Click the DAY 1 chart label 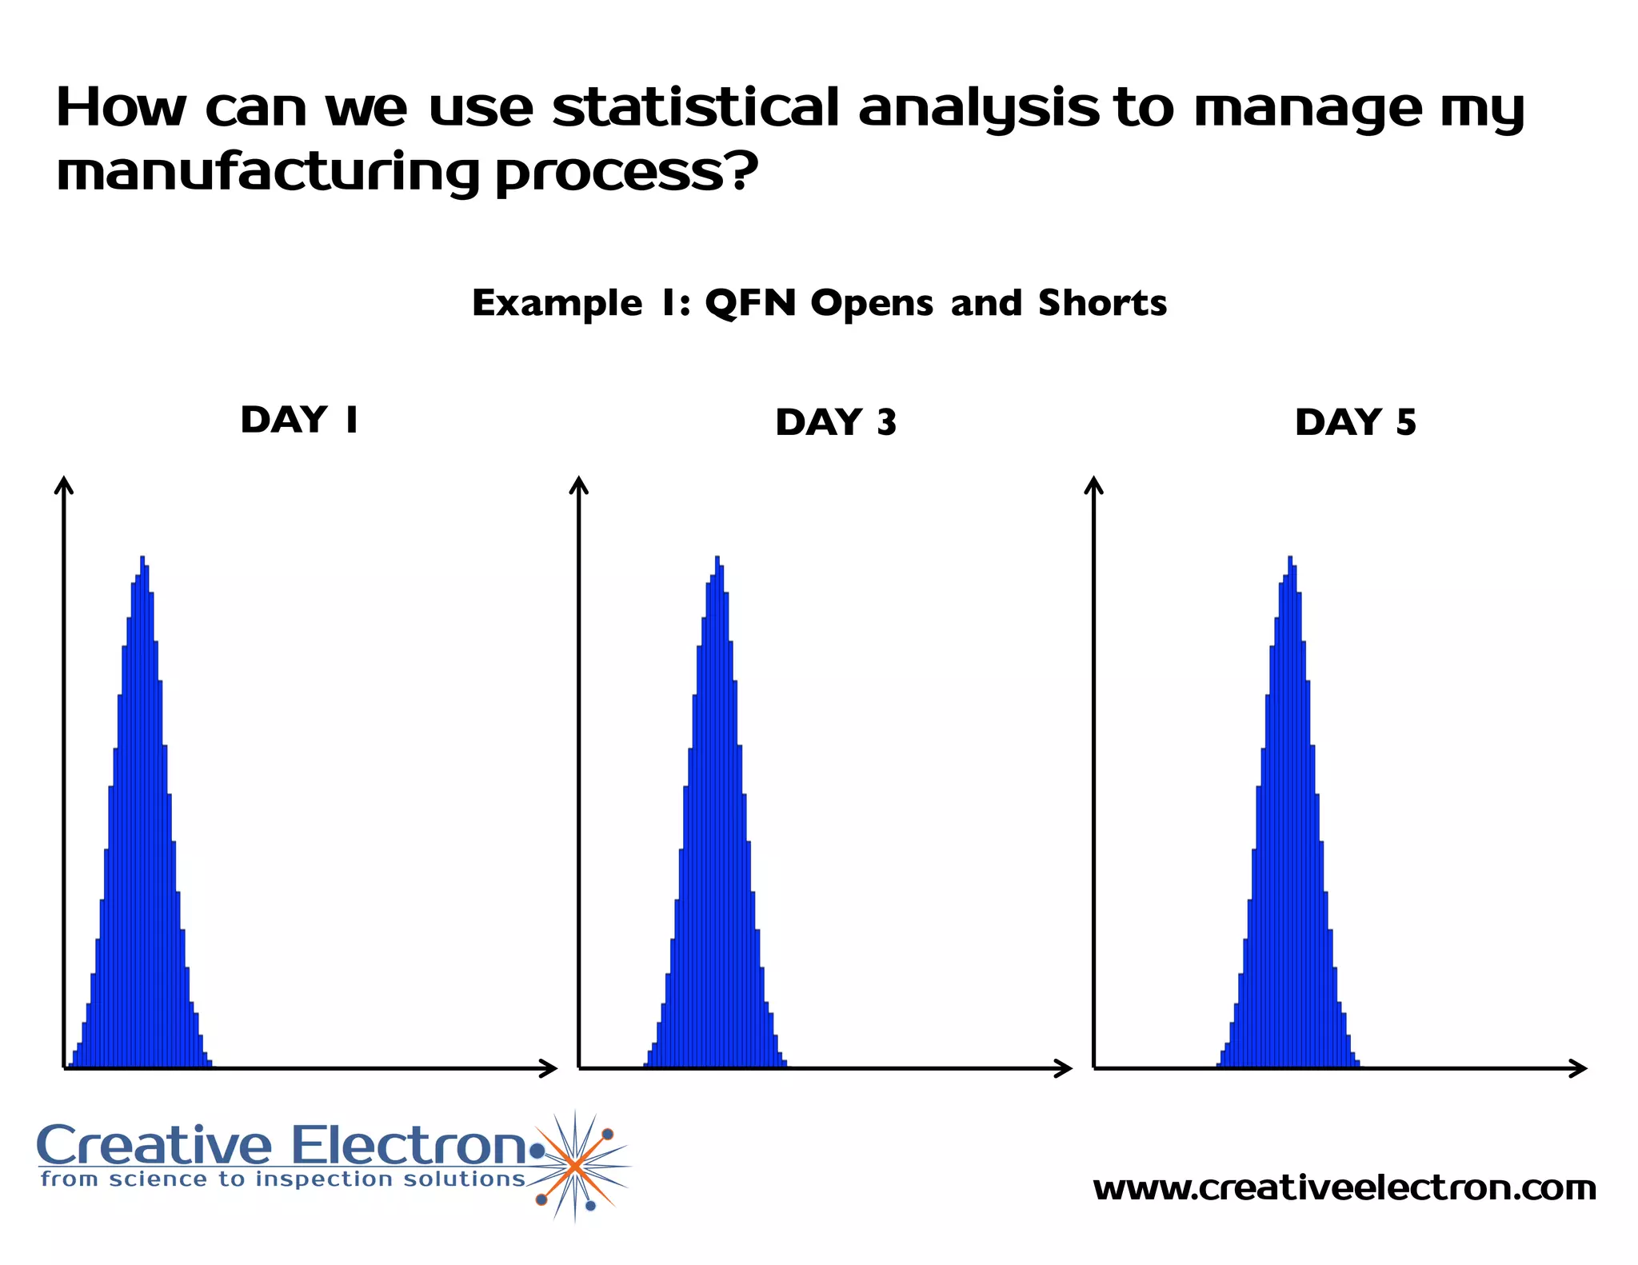(299, 420)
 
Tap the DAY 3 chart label (836, 422)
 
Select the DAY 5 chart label (1355, 422)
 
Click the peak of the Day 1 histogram (142, 558)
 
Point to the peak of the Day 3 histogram (717, 558)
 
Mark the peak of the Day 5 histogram (1290, 558)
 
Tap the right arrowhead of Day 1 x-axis (549, 1067)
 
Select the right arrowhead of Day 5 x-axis (1580, 1067)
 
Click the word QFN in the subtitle (750, 303)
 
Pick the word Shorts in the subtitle (1102, 303)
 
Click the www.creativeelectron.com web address (1344, 1188)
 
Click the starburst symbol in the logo (575, 1166)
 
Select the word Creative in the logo (154, 1145)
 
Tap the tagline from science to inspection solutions (283, 1179)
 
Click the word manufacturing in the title (268, 172)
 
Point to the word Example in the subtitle (557, 303)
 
